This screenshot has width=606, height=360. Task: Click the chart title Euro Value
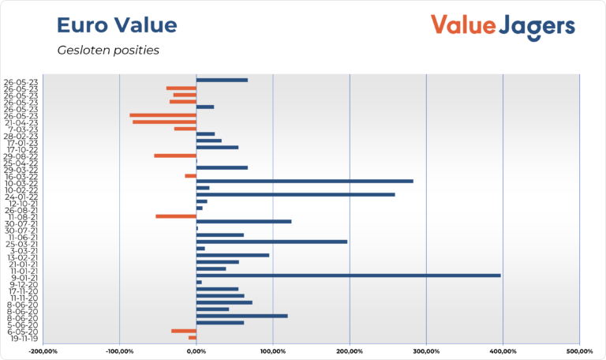117,25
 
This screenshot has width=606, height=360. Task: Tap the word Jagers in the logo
537,25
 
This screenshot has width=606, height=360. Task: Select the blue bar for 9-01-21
348,276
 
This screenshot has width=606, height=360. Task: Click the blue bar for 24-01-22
295,194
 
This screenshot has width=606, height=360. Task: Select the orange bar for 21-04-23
164,122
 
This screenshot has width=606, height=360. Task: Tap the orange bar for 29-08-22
175,156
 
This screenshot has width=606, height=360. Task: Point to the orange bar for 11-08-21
176,216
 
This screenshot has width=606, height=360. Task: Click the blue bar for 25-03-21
271,242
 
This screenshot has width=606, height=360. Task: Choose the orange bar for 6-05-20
184,331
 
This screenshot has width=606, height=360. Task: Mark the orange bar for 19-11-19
192,337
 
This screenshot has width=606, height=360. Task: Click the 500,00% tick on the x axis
579,351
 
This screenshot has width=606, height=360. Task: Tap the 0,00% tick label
196,351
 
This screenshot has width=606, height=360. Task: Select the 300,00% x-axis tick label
426,351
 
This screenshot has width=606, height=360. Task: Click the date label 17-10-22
21,148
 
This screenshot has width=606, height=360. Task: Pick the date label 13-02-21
21,257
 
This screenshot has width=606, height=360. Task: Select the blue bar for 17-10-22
217,148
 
